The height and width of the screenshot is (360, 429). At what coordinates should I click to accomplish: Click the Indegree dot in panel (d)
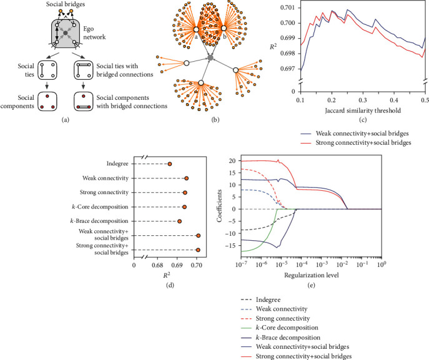tap(170, 164)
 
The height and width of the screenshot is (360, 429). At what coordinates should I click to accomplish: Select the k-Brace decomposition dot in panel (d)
tap(179, 221)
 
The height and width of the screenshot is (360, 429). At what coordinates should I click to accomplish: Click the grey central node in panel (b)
tap(210, 58)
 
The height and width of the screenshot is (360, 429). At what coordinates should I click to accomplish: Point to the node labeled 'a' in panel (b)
tap(195, 30)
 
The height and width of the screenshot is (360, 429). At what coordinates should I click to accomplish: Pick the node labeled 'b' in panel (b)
tap(224, 29)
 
